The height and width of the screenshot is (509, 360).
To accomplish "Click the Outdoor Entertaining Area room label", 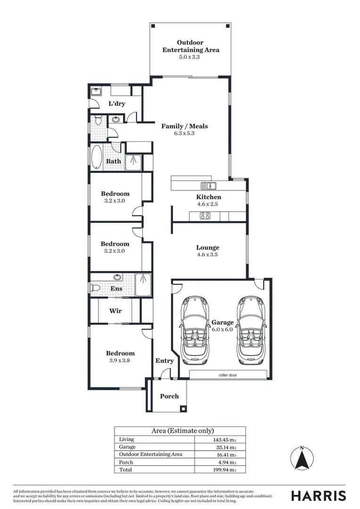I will tap(191, 46).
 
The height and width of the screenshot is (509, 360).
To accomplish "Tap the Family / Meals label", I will tap(184, 126).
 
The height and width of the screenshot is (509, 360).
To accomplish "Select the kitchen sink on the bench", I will tap(208, 186).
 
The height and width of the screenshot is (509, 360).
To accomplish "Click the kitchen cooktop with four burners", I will tap(205, 216).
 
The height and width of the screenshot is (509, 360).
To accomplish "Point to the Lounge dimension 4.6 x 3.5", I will tap(208, 254).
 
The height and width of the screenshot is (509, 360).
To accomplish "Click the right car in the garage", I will tap(251, 330).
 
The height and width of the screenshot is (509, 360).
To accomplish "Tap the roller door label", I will tap(227, 375).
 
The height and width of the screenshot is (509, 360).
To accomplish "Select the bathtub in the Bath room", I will tap(96, 157).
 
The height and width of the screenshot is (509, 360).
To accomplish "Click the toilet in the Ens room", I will tap(95, 287).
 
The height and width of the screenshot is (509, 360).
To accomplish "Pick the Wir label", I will tap(115, 311).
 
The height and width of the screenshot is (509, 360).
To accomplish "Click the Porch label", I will tap(169, 396).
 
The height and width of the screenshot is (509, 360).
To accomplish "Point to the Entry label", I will tap(164, 361).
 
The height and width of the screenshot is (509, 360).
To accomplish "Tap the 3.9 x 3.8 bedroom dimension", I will tap(120, 361).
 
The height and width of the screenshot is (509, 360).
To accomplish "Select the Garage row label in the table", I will tap(127, 447).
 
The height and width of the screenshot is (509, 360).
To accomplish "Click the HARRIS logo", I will tap(318, 495).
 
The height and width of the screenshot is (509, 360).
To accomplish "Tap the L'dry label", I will tap(117, 104).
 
